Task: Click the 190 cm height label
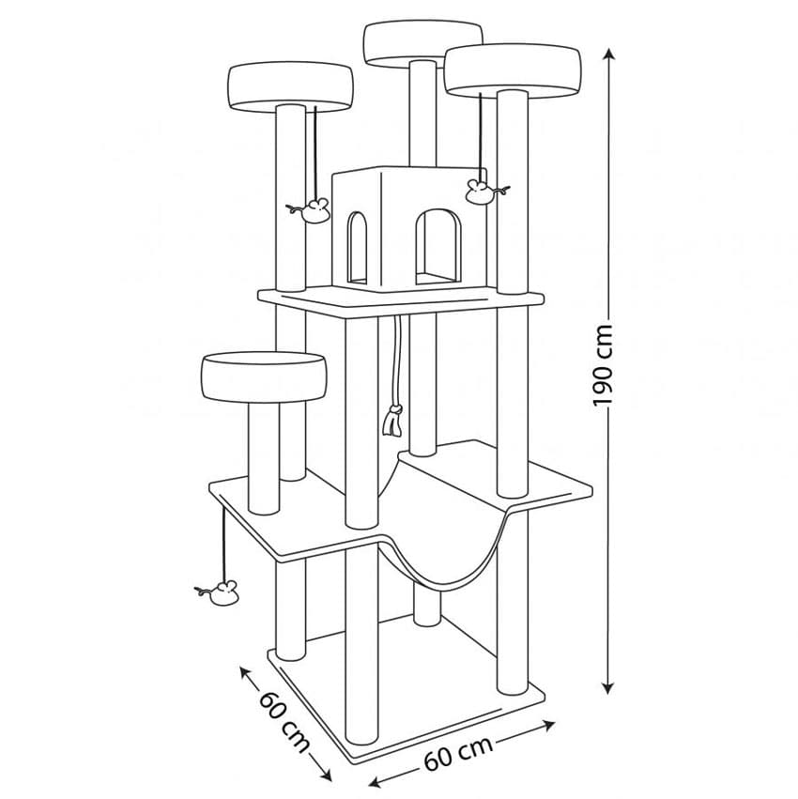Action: point(603,365)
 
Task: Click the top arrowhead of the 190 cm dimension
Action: point(606,54)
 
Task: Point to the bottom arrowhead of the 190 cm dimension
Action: point(606,687)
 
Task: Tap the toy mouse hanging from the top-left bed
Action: point(311,210)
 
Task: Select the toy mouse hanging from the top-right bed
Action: point(485,192)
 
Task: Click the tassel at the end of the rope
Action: point(392,421)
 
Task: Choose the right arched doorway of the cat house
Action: point(438,247)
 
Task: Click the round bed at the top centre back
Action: point(423,44)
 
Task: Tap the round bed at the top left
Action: point(291,87)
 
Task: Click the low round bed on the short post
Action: point(263,377)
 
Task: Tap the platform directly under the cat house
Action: point(401,301)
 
